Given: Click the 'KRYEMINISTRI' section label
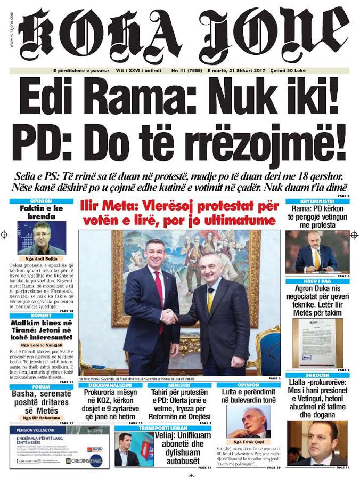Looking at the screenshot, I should point(317,201).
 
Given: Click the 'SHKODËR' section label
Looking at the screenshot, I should point(317,375).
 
